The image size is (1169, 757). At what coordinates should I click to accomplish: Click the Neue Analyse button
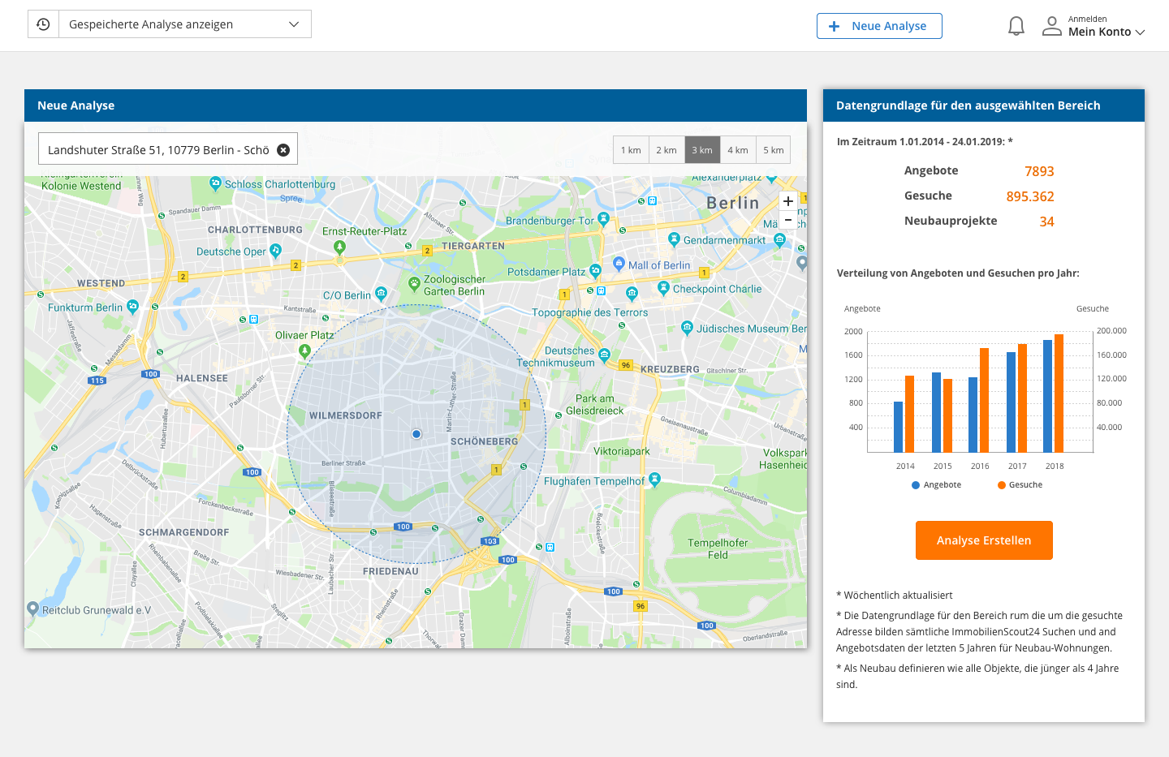tap(879, 26)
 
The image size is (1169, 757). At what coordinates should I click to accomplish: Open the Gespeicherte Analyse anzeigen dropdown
tap(184, 24)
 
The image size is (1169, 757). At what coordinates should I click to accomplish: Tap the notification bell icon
tap(1016, 26)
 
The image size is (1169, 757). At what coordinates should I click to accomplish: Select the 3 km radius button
tap(702, 150)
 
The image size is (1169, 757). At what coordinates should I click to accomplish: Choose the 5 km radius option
tap(773, 150)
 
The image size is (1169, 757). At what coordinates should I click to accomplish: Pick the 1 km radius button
tap(631, 150)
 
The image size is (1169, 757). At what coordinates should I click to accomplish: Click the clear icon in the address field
tap(283, 150)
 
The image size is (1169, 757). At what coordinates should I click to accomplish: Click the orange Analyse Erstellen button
tap(984, 540)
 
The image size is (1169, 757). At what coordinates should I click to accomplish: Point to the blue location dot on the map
tap(416, 434)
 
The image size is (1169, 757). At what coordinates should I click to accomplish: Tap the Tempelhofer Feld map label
tap(718, 549)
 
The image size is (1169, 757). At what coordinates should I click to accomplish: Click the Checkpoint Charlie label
tap(717, 289)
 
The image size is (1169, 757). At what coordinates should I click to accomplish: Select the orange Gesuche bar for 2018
tap(1059, 394)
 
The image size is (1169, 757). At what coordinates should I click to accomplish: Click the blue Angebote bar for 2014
tap(898, 427)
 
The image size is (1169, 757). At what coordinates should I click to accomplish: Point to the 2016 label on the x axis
tap(980, 467)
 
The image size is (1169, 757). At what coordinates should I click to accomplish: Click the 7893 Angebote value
tap(1038, 171)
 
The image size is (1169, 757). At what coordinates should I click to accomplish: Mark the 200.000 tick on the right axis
tap(1111, 331)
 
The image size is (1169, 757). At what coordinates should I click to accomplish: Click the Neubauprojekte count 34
tap(1046, 222)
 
